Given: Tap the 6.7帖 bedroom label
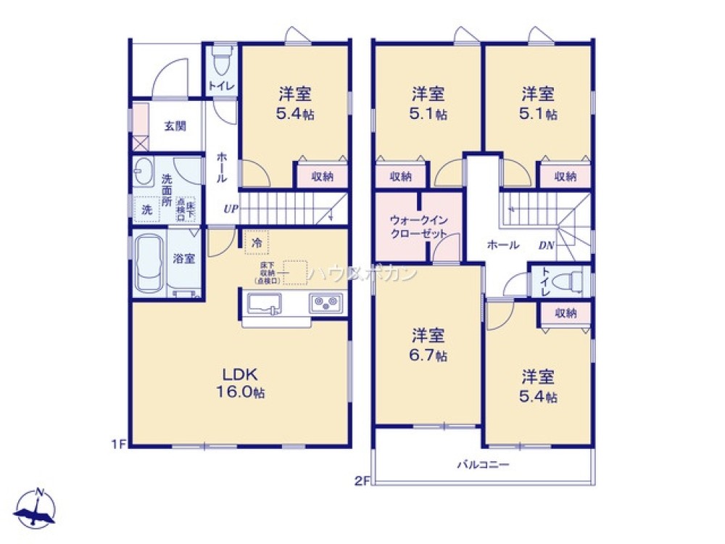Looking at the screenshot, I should click(429, 345).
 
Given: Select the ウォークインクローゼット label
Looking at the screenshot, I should click(418, 226).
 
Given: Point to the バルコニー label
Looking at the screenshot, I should click(483, 465).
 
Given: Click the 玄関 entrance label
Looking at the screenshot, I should click(174, 125).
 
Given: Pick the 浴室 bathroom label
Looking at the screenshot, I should click(183, 258).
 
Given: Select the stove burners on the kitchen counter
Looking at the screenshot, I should click(326, 302).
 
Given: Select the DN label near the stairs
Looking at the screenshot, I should click(546, 245).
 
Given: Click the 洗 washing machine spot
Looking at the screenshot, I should click(147, 210).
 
